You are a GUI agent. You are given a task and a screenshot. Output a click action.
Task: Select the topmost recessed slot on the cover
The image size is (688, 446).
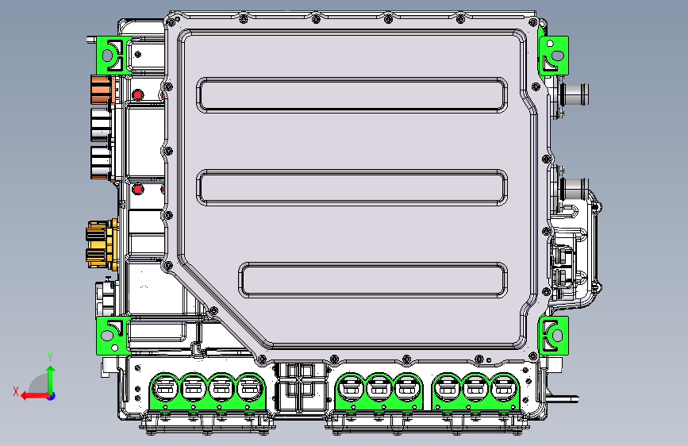[353, 94]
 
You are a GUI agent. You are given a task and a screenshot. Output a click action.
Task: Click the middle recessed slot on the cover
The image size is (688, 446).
[353, 186]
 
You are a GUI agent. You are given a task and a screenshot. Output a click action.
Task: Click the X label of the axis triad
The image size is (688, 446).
[16, 391]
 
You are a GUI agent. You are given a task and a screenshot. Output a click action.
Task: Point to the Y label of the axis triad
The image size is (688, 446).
[50, 356]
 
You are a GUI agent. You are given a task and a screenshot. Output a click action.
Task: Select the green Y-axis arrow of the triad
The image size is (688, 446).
[51, 378]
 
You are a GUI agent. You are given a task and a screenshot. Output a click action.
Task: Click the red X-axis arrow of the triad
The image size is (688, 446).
[32, 394]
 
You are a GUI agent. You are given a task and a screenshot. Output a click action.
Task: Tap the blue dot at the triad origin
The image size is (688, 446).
[51, 395]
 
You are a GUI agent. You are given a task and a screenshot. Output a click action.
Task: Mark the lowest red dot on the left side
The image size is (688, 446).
[138, 189]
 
